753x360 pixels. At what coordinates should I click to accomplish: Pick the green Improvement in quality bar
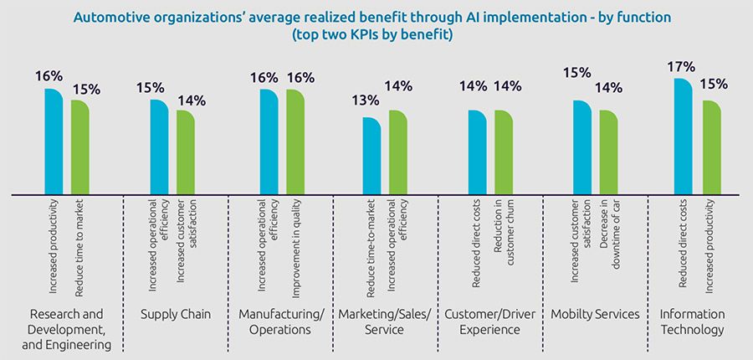click(x=295, y=141)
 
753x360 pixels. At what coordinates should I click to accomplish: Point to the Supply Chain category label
click(x=176, y=314)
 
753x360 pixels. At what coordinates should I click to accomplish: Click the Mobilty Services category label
click(x=595, y=314)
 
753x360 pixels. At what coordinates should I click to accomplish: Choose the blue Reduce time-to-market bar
click(x=371, y=156)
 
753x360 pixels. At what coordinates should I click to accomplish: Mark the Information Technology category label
click(x=692, y=321)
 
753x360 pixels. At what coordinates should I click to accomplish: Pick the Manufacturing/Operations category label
click(x=280, y=321)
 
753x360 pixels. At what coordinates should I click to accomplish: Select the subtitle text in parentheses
click(x=376, y=35)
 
